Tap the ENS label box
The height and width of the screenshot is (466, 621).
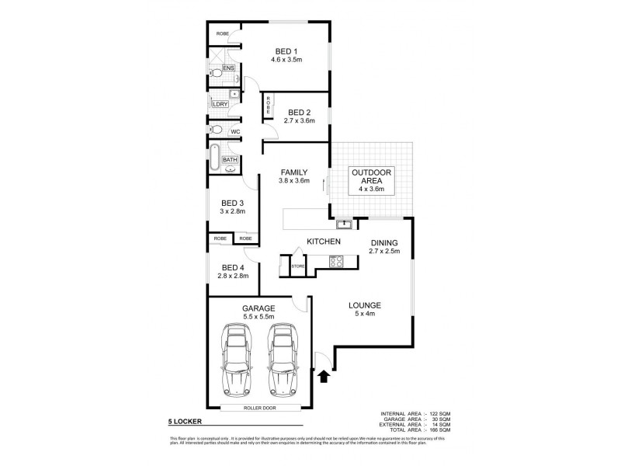[x=228, y=68]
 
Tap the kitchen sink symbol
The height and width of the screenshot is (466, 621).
[x=344, y=225]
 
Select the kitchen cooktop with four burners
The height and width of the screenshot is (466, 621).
[x=336, y=262]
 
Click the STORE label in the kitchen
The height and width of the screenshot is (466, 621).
[x=297, y=267]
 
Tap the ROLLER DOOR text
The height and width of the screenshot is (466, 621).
[x=258, y=406]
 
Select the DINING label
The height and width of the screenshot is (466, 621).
[x=383, y=242]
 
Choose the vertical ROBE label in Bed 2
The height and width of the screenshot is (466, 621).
[x=269, y=104]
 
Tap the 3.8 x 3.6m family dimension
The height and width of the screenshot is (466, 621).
[x=294, y=181]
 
